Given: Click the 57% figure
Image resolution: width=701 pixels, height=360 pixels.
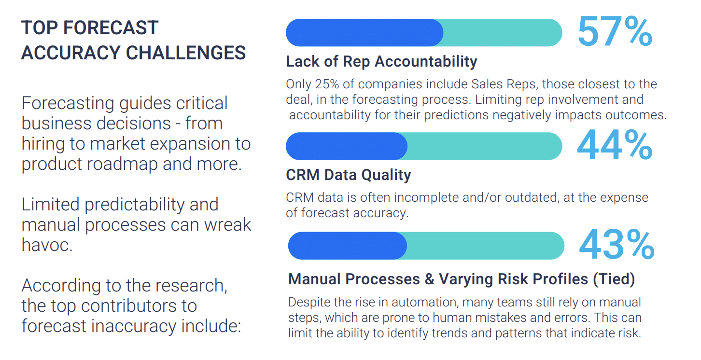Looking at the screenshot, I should [615, 32].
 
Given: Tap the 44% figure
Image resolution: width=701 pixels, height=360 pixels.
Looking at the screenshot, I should [615, 145].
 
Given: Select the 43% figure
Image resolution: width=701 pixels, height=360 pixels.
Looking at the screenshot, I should [617, 245].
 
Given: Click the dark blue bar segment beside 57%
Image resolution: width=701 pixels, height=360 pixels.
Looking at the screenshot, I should [365, 33].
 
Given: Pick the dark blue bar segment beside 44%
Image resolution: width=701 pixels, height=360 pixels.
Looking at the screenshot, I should [347, 146].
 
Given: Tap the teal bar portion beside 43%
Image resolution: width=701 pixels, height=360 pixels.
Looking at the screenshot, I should [485, 246].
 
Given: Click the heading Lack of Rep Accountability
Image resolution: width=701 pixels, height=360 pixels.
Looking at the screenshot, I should [381, 61].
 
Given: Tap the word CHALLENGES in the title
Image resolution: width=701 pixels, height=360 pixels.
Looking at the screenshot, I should [186, 53].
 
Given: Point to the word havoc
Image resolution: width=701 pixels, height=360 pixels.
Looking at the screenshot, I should [47, 245].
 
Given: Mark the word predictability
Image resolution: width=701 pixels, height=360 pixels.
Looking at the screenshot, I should [134, 204].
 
